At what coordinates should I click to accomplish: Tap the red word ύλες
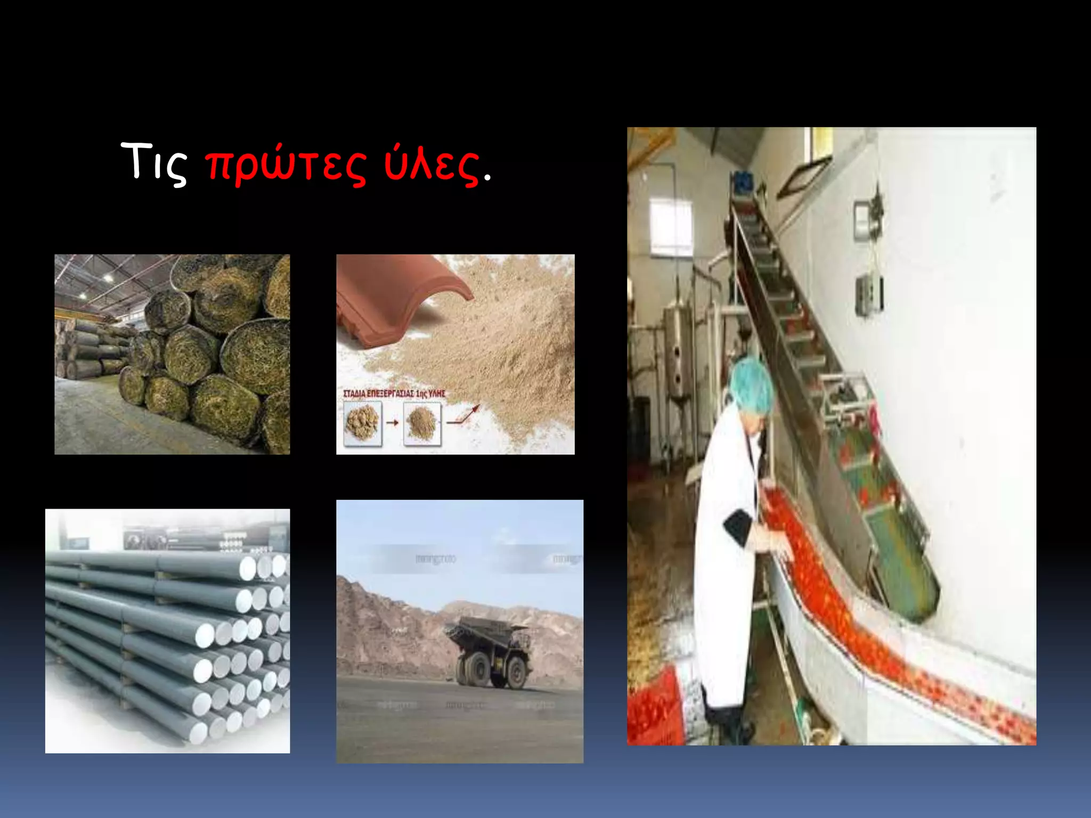click(x=431, y=166)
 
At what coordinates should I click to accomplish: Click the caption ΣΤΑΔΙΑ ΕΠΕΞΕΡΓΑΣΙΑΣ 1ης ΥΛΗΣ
click(x=394, y=394)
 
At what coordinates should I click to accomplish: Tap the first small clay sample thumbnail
click(x=363, y=423)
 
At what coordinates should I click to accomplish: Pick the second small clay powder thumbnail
click(x=422, y=423)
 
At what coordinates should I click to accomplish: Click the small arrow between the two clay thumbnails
click(x=393, y=423)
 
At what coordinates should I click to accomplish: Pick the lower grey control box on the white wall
click(x=868, y=296)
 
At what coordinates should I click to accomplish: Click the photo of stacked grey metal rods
click(x=167, y=631)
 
